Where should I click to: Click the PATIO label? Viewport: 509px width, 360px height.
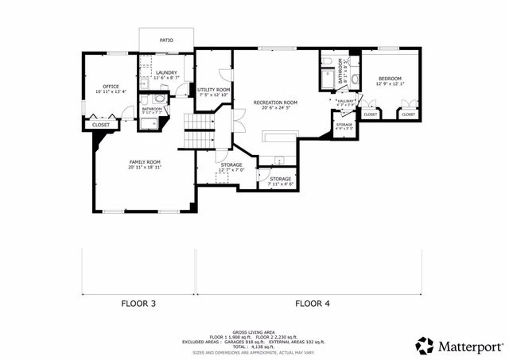tap(165, 39)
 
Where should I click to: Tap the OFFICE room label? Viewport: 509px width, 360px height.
tap(111, 86)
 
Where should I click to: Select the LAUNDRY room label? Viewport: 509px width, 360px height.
tap(166, 72)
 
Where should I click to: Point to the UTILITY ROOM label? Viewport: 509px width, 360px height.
tap(214, 90)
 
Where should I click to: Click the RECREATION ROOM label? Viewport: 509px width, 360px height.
tap(275, 102)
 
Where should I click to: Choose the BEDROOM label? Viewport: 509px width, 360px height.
tap(390, 78)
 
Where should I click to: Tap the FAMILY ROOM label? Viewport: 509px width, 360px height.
tap(145, 162)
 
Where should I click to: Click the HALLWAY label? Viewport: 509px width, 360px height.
tap(345, 101)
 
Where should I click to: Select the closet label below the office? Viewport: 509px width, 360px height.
tap(101, 125)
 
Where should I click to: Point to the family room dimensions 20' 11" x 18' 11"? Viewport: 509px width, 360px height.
tap(145, 168)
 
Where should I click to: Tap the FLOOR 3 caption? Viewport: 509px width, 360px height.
tap(138, 303)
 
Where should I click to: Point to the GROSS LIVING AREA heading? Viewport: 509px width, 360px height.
tap(253, 332)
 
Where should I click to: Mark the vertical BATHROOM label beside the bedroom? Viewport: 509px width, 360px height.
tap(340, 72)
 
